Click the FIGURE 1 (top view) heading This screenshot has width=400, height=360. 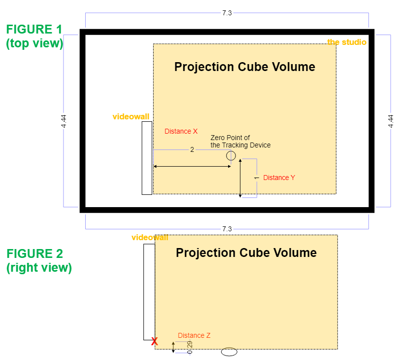click(x=34, y=36)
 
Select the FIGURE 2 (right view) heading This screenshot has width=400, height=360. click(x=39, y=261)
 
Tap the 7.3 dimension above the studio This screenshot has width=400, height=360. click(x=227, y=13)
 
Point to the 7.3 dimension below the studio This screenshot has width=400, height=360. click(x=227, y=229)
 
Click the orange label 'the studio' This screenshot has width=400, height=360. click(x=347, y=42)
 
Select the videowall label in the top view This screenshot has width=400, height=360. click(x=131, y=117)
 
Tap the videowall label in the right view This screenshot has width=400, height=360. click(x=149, y=238)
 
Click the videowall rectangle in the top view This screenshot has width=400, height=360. click(x=147, y=158)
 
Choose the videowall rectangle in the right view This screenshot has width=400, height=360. click(x=149, y=291)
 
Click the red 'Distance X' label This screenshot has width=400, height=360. click(x=181, y=131)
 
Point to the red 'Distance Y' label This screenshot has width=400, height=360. click(x=279, y=178)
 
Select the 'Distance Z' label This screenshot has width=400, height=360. click(x=194, y=335)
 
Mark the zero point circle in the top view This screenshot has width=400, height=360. click(x=231, y=156)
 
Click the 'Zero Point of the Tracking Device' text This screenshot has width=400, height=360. click(x=240, y=142)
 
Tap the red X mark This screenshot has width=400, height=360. click(x=154, y=341)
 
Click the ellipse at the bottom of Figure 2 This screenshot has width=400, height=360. click(x=229, y=352)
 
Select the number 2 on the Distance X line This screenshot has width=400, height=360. click(x=192, y=149)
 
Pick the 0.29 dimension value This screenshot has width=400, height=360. click(x=190, y=347)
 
